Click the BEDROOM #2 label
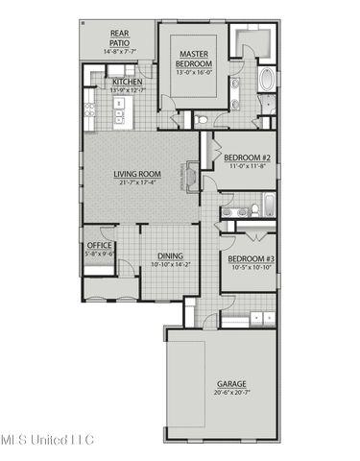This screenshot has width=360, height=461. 246,158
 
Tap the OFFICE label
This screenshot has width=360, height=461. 100,246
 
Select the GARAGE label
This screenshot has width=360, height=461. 230,383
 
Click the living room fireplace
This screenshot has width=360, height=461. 194,179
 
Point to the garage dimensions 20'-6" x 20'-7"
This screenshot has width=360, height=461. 230,392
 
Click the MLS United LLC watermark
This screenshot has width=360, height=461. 47,440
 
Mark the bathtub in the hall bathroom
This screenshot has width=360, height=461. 268,204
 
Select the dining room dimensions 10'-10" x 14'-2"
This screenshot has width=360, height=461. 170,265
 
